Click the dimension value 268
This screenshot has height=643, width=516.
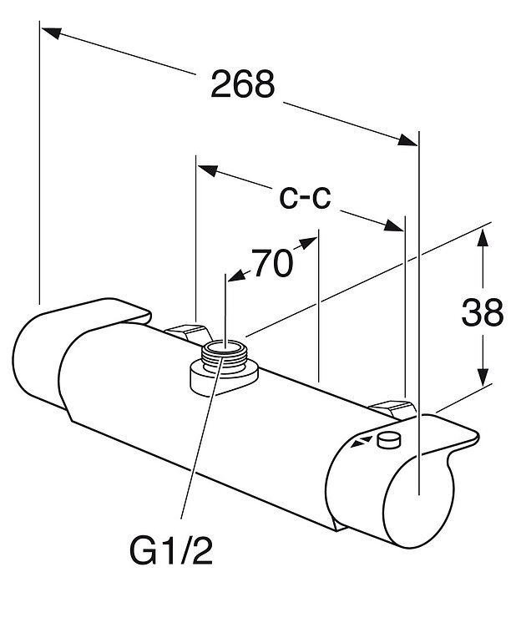click(243, 84)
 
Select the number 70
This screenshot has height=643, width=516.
click(272, 265)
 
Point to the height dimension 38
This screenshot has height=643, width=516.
click(483, 312)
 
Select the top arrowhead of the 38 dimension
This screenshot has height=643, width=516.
click(483, 237)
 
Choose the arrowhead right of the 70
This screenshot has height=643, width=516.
click(311, 242)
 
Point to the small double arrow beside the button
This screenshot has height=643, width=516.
click(361, 441)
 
